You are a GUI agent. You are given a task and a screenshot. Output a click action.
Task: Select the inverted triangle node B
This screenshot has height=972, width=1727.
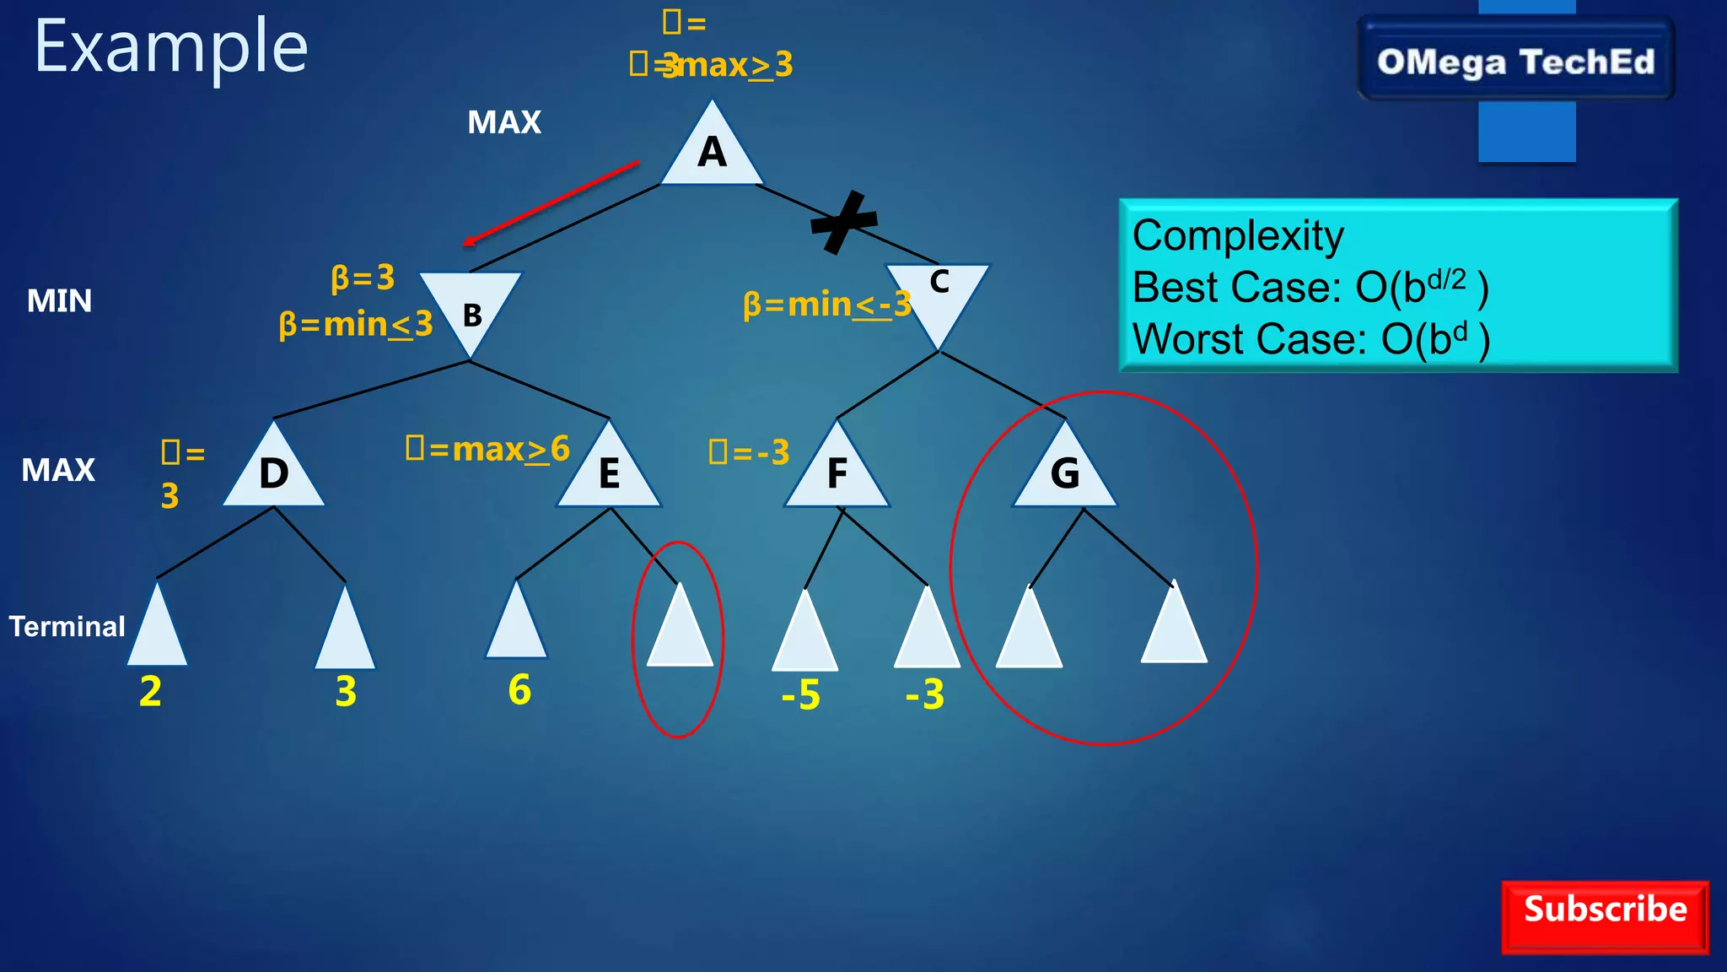(471, 309)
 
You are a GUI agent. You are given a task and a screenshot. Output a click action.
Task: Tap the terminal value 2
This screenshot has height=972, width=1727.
(150, 691)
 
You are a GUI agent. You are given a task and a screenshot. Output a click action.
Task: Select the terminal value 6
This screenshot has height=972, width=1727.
(519, 689)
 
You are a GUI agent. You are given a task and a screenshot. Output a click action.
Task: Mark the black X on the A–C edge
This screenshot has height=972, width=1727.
(843, 222)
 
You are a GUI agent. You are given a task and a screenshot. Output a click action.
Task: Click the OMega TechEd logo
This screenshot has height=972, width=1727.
(1515, 62)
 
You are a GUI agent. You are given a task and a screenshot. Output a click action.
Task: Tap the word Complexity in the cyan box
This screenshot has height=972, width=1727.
(1238, 235)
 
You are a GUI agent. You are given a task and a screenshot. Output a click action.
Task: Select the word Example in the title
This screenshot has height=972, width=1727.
(171, 47)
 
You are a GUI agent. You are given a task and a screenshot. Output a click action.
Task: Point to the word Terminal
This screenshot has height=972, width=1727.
(67, 626)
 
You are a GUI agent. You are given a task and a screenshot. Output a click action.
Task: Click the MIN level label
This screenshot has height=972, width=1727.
(59, 300)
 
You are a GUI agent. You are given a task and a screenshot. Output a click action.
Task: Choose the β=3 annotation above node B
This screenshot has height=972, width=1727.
(363, 277)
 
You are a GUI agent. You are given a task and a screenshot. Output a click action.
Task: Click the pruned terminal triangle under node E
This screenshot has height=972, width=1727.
(680, 629)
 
